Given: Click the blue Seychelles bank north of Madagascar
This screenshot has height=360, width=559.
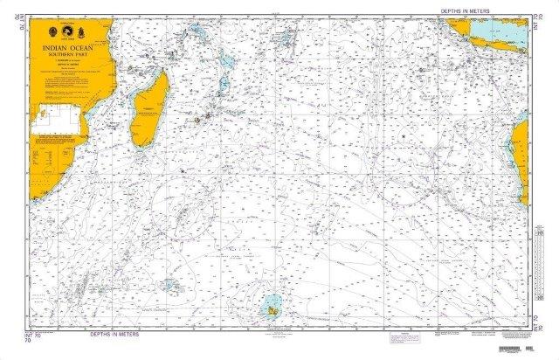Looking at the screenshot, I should point(199,36).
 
